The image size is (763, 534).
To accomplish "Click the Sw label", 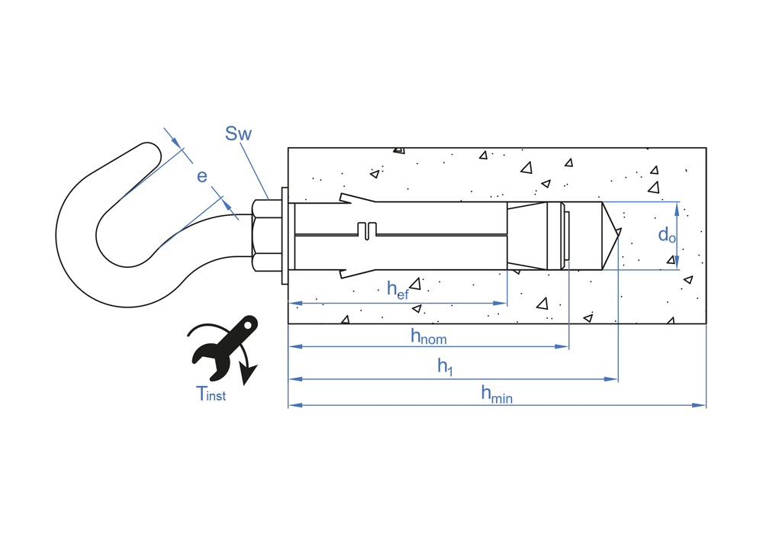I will (x=238, y=134).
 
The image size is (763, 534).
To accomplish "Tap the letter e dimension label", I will (x=201, y=176).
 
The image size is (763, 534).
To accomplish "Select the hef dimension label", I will (x=398, y=289).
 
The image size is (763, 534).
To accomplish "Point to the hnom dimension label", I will (x=428, y=336).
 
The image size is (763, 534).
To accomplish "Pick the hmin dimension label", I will (x=496, y=394).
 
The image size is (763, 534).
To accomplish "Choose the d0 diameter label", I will (x=666, y=235).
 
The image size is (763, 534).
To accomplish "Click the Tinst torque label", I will (x=211, y=394).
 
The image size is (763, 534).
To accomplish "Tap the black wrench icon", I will (x=225, y=346).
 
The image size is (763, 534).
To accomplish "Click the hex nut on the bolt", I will (x=265, y=236).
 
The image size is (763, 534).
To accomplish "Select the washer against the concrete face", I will (x=285, y=236).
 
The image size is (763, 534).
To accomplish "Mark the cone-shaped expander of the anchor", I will (x=534, y=236).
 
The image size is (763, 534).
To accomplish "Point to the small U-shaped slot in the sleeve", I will (x=368, y=230).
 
